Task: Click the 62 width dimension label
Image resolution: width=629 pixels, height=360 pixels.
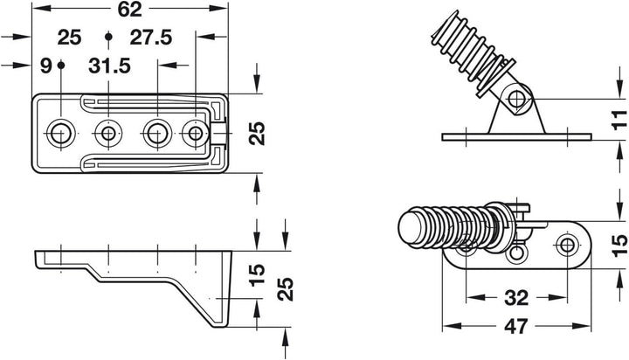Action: coord(129,9)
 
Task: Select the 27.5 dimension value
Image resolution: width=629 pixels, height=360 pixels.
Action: coord(151,38)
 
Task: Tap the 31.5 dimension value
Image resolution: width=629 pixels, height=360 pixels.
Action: coord(109,66)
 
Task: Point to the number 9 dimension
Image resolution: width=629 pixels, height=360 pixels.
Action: coord(46,66)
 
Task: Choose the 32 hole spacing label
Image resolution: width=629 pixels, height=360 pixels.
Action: coord(516,298)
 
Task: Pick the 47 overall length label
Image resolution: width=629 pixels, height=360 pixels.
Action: coord(516,326)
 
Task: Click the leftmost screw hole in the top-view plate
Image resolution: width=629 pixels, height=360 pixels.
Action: coord(60,133)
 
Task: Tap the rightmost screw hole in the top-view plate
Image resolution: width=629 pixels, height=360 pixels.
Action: coord(196,133)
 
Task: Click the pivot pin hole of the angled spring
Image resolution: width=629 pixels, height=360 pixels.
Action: coord(517,99)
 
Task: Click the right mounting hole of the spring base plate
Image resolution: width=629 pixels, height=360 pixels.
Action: coord(567,245)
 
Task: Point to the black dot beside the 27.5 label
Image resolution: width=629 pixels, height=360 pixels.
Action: coord(108,37)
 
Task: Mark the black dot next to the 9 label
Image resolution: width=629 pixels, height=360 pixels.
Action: coord(61,65)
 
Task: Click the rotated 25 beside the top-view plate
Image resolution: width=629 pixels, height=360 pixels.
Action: coord(257,133)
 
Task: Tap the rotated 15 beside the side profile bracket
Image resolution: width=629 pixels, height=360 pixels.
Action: coord(257,274)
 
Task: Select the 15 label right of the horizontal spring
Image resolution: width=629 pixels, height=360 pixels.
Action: coord(619,246)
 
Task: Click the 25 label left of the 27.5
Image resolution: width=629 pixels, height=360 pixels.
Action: coord(69,38)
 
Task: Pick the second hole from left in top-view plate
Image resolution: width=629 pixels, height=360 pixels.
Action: coord(108,133)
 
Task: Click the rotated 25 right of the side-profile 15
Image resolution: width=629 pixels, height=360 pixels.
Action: coord(286,289)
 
